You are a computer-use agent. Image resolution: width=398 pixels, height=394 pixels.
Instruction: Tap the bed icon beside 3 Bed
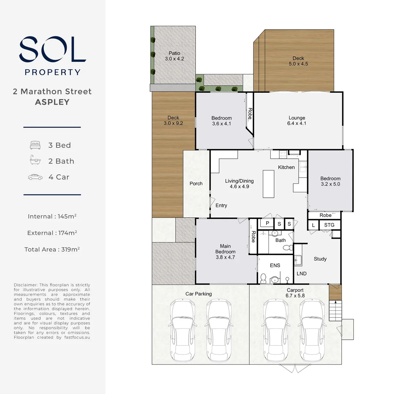tap(35, 145)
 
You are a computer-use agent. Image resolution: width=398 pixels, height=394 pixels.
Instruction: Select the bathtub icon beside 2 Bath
tap(35, 161)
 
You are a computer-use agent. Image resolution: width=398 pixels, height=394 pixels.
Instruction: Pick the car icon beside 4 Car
tap(35, 177)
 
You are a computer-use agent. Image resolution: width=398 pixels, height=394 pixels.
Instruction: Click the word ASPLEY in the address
tap(52, 102)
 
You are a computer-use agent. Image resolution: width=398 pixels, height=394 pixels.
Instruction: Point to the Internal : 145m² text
tap(52, 216)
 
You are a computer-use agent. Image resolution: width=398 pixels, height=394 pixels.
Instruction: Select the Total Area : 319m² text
tap(52, 250)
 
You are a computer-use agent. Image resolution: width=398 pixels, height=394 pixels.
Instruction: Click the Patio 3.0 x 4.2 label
tap(174, 56)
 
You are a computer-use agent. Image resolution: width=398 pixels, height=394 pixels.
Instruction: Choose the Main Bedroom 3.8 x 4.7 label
tap(225, 252)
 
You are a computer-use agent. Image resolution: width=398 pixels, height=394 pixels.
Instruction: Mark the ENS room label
tap(275, 265)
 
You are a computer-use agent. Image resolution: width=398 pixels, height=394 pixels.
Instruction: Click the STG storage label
tap(329, 225)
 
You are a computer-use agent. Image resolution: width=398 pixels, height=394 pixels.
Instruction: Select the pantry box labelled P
tap(267, 223)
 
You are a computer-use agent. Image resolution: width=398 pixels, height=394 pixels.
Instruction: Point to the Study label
tap(320, 259)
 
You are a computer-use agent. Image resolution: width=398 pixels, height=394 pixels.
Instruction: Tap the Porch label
tap(196, 184)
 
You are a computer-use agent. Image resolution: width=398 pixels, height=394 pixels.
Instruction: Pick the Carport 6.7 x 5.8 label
tap(295, 293)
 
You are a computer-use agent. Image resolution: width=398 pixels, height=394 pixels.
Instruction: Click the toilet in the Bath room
tap(288, 248)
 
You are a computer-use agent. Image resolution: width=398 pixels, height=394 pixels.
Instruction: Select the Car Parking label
tap(198, 294)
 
